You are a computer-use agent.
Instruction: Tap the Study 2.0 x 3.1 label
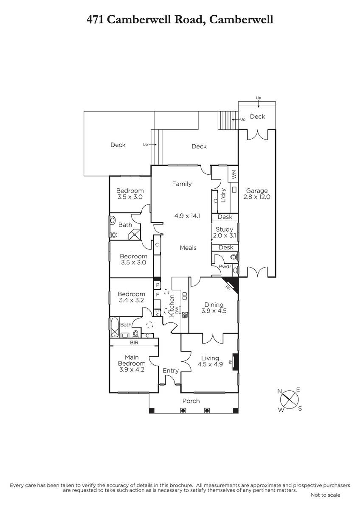tap(225, 232)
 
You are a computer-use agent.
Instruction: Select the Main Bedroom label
tap(132, 364)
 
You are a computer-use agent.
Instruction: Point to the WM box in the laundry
tap(233, 174)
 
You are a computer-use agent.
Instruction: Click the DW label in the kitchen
tap(177, 310)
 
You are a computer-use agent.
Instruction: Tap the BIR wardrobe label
tap(134, 342)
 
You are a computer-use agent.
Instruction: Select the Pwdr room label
tap(225, 266)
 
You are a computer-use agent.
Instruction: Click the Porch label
tap(191, 401)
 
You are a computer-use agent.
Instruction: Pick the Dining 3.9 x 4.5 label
tap(214, 308)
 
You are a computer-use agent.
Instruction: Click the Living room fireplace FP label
tap(231, 361)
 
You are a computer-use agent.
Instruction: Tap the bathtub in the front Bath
tap(115, 327)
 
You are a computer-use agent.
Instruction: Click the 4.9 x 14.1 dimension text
tap(187, 215)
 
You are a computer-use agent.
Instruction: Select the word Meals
tap(188, 248)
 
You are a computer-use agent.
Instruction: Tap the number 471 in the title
tap(95, 20)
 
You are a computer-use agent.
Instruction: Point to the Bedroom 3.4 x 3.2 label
tap(132, 297)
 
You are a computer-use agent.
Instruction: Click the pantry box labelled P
tap(157, 285)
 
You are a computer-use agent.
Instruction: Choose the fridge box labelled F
tap(157, 294)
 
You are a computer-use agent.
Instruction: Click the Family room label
tap(182, 184)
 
